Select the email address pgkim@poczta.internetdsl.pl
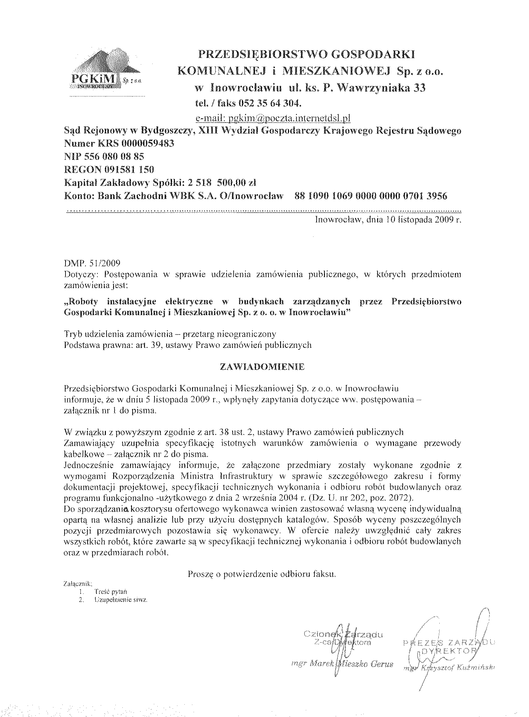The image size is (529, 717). tap(273, 119)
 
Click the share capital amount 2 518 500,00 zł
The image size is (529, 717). tap(222, 183)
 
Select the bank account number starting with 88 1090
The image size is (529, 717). tap(370, 196)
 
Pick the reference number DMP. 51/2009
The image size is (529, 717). tap(92, 264)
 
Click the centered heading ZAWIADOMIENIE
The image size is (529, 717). tap(262, 367)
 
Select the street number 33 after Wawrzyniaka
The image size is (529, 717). tap(419, 88)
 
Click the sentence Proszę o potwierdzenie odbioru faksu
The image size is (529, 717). tap(262, 574)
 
